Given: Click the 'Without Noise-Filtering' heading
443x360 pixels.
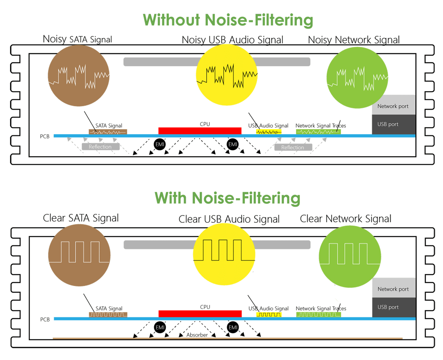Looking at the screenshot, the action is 228,20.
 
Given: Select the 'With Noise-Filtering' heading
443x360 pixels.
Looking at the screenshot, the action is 227,198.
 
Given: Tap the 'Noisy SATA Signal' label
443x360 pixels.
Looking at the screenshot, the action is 77,39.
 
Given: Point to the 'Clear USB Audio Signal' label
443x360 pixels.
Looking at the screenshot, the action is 229,219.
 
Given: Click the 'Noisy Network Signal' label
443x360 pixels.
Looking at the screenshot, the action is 354,40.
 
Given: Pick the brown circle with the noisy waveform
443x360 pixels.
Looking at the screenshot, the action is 79,76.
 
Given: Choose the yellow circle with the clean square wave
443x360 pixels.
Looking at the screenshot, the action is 224,254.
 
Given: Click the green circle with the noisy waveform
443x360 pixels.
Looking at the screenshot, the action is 357,77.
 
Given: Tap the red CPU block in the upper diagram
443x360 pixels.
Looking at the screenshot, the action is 200,131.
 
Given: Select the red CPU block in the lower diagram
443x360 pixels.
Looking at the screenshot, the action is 200,314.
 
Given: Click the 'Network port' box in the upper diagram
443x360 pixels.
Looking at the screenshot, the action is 394,105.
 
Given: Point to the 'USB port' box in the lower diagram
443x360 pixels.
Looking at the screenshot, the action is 394,307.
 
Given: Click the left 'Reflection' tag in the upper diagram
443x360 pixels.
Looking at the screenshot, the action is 100,147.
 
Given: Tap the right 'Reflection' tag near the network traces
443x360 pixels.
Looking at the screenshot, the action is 293,147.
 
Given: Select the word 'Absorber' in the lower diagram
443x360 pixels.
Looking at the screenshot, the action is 197,335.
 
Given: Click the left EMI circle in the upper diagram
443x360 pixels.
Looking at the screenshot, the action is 160,144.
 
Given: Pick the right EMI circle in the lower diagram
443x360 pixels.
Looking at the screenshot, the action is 233,327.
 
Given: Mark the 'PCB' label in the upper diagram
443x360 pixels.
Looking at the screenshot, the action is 45,137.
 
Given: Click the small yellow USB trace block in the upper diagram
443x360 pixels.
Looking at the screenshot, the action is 269,132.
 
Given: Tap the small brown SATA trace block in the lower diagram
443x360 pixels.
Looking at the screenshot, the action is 108,315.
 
